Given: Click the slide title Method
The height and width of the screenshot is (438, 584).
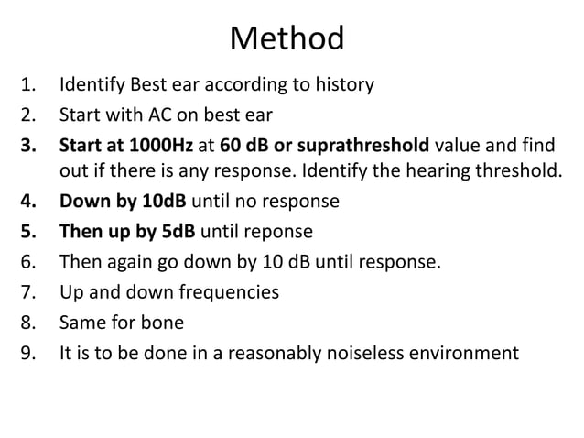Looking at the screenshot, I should [287, 38].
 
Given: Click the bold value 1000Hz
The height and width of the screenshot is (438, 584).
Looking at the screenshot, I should [159, 146].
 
